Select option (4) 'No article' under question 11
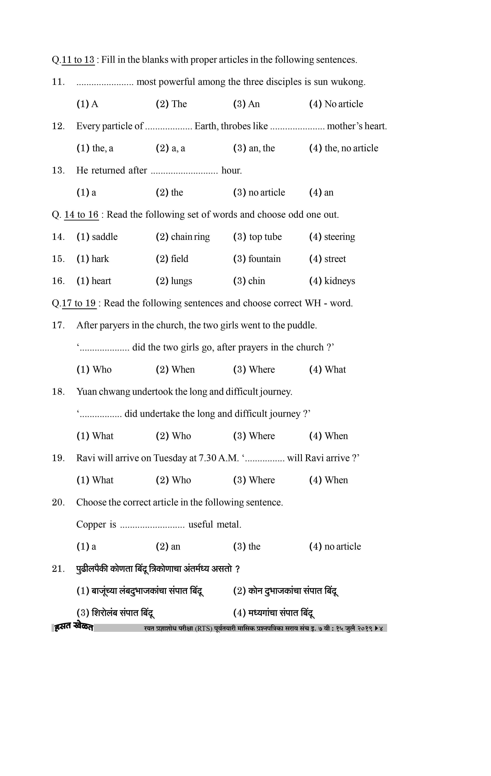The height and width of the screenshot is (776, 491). coord(336,104)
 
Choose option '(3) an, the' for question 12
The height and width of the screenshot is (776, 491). coord(254,148)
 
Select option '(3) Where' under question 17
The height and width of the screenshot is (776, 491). coord(254,370)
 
